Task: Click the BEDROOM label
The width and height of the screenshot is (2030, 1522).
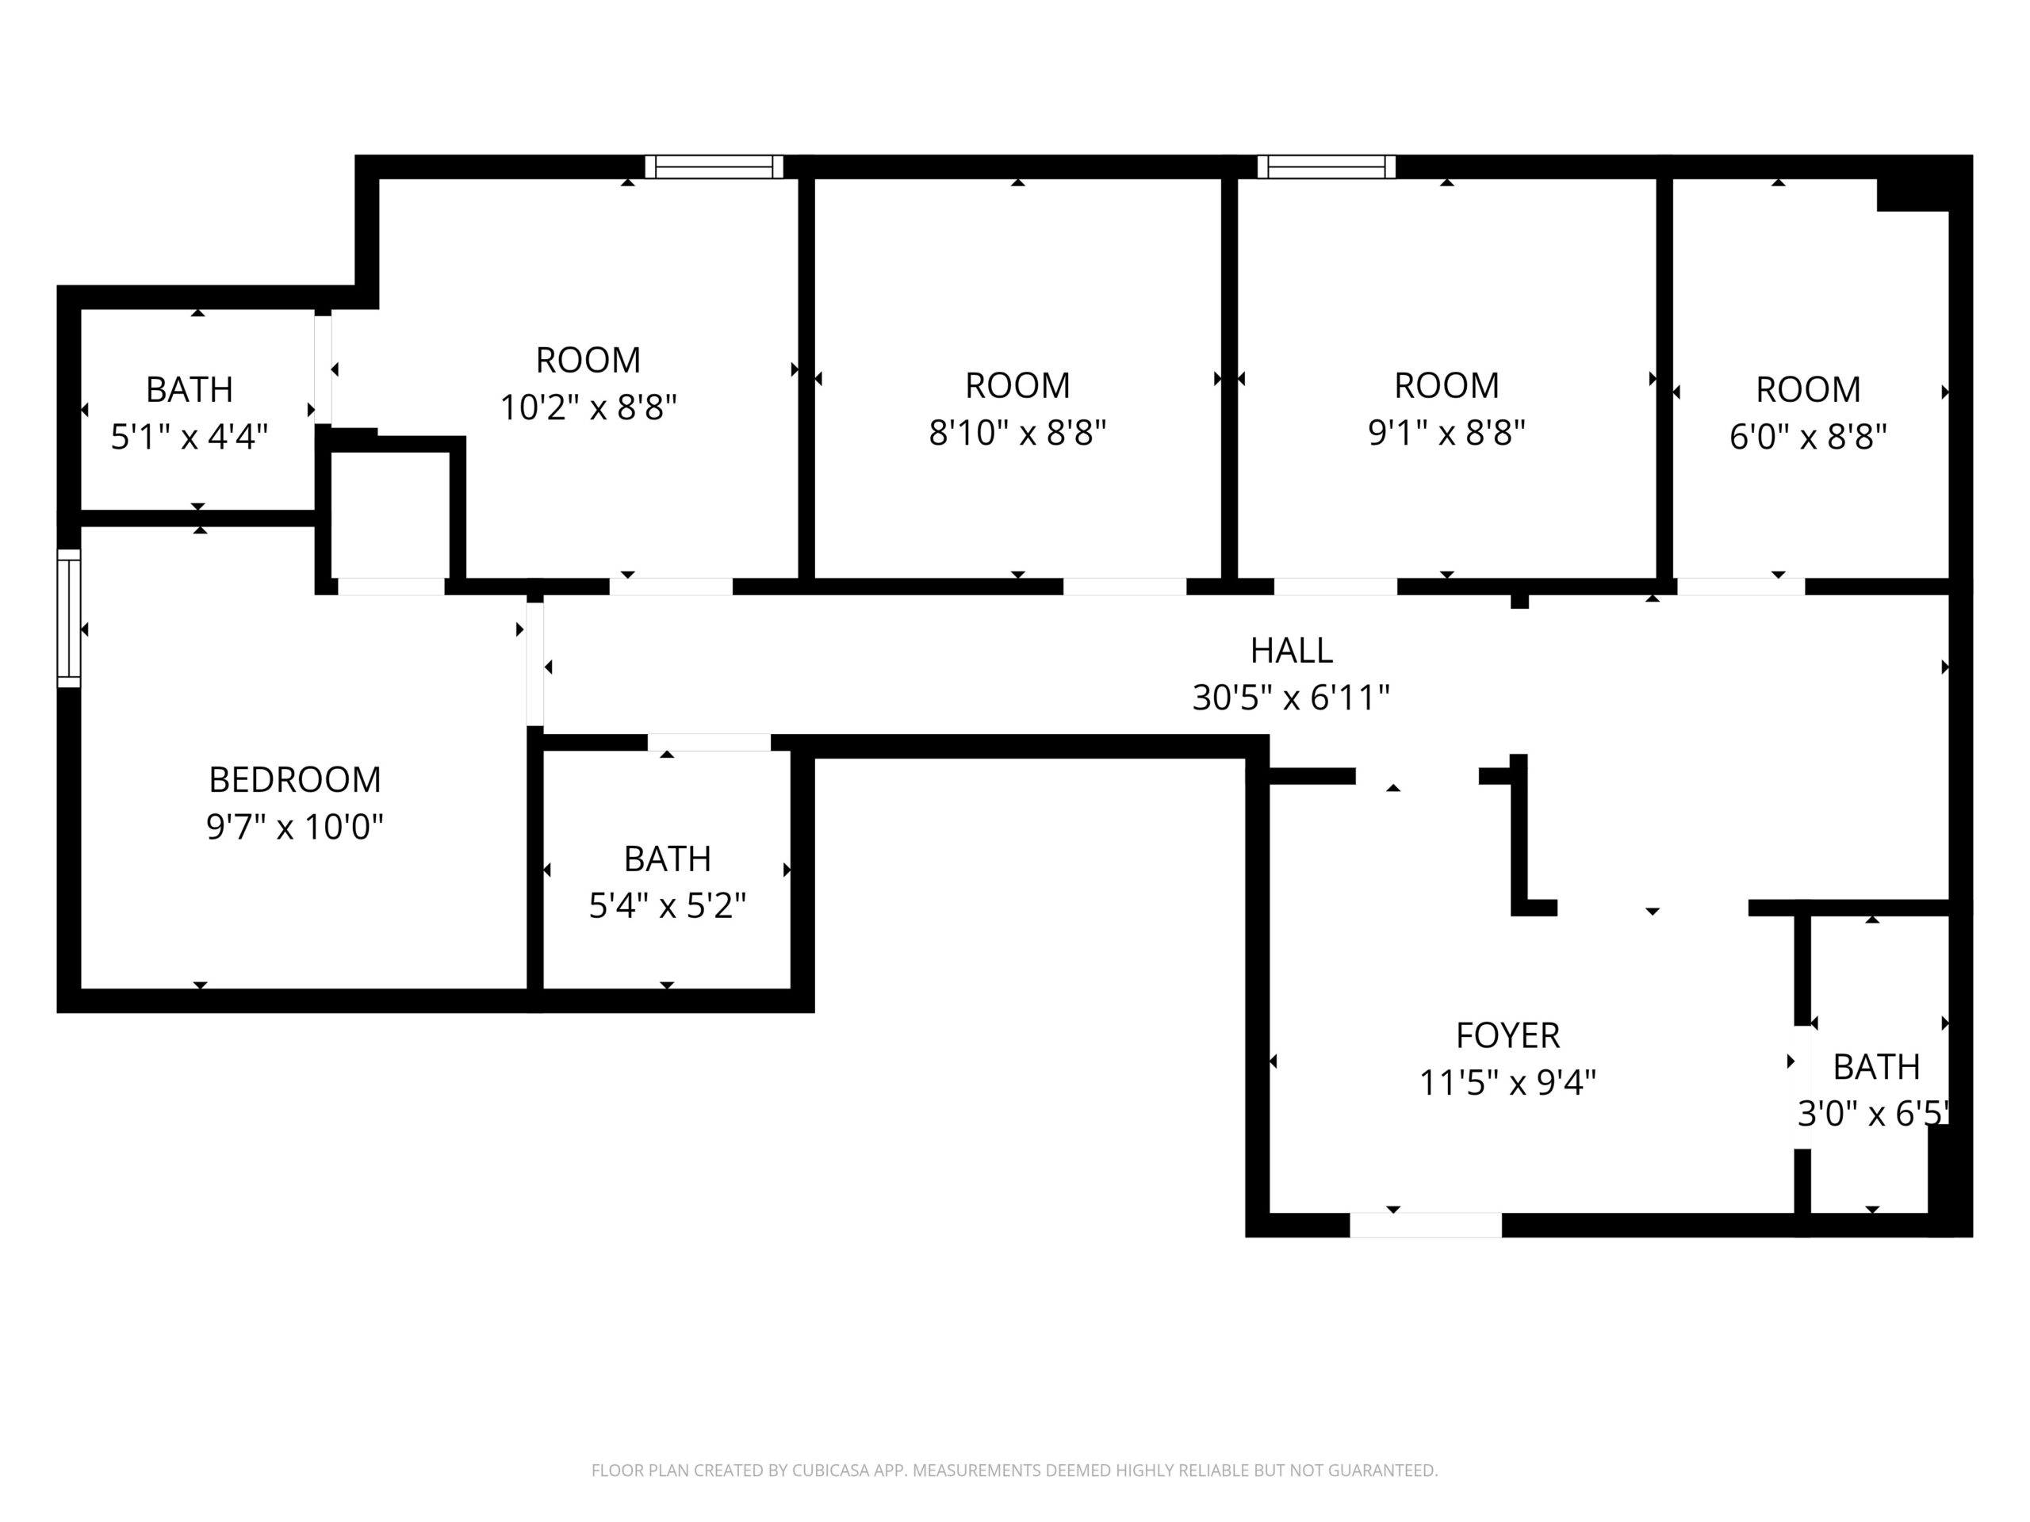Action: [x=295, y=780]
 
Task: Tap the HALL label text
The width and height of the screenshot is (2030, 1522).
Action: [x=1291, y=651]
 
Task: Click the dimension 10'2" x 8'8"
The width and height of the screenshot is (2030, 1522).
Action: [x=588, y=407]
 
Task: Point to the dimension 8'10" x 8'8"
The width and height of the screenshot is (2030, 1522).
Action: [x=1017, y=432]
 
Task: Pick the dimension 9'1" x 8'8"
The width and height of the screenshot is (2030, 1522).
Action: [x=1446, y=432]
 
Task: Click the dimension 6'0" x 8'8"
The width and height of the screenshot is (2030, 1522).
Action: [x=1808, y=437]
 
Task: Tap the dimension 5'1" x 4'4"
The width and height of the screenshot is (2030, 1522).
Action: [x=189, y=437]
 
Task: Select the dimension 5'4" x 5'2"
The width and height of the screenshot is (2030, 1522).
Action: [x=667, y=906]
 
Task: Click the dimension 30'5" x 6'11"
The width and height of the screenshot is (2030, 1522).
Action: [x=1291, y=698]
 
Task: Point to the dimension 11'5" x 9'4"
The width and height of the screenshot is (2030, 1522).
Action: [x=1507, y=1084]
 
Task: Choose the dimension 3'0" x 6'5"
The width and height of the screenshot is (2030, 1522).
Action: [x=1873, y=1114]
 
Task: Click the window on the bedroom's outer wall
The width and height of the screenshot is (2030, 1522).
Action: [x=69, y=618]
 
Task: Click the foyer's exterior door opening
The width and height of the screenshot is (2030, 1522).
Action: [x=1425, y=1225]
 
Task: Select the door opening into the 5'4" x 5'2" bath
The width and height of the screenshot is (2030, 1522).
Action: [x=710, y=743]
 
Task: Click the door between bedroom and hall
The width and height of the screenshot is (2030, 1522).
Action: [x=535, y=663]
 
